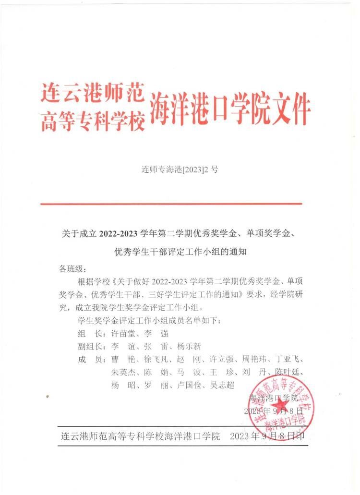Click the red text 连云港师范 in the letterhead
click(92, 93)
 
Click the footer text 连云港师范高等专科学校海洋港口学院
click(141, 436)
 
